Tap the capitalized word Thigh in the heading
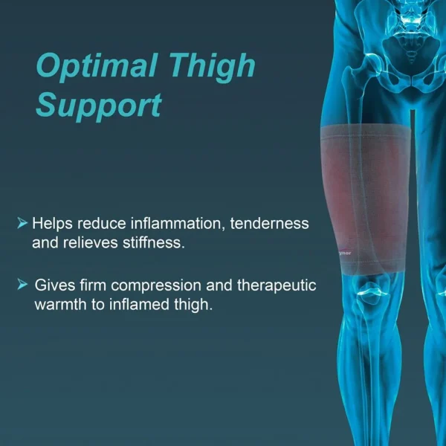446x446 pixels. coord(212,68)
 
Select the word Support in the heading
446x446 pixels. coord(98,106)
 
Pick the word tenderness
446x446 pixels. coord(271,224)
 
